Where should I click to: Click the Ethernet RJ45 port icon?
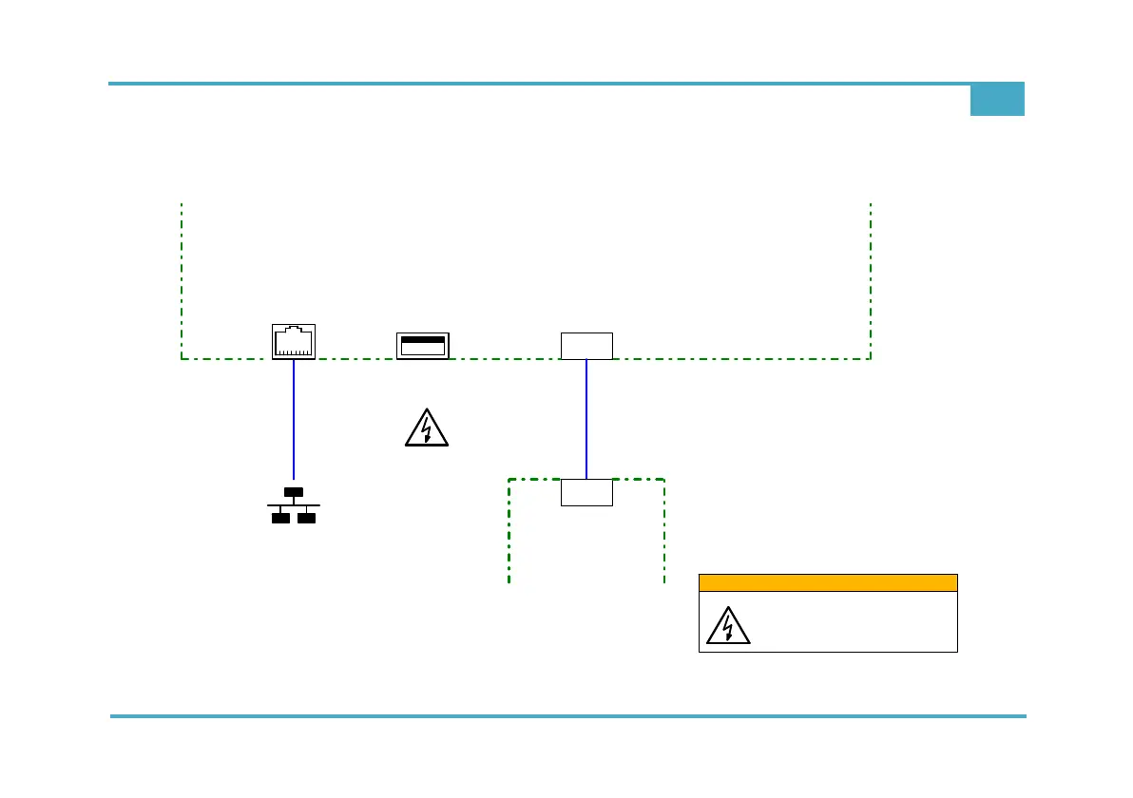[x=294, y=342]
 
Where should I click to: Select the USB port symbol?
[x=423, y=345]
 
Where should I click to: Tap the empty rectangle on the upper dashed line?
[x=586, y=346]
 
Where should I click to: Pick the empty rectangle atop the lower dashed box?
[x=586, y=492]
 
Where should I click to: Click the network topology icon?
[x=294, y=505]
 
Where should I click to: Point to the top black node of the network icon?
[x=294, y=492]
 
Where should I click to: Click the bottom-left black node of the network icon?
[x=280, y=518]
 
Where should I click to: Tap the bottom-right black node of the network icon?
[x=306, y=518]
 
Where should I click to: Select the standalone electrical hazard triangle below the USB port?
[x=427, y=428]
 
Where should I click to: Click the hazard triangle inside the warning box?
[x=728, y=625]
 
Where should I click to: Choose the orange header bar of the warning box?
[x=828, y=582]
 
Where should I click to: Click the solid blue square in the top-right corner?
[x=997, y=100]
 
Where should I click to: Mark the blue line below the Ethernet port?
[x=294, y=418]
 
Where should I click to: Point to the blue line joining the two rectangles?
[x=586, y=418]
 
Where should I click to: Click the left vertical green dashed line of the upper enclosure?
[x=182, y=280]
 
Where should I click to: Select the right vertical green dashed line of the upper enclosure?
[x=871, y=280]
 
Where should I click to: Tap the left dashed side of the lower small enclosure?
[x=509, y=532]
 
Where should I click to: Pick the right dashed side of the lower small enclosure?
[x=664, y=532]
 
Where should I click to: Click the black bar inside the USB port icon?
[x=423, y=338]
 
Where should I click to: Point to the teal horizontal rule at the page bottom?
[x=568, y=716]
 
